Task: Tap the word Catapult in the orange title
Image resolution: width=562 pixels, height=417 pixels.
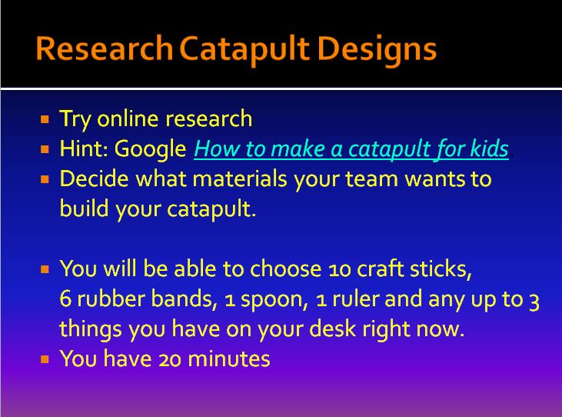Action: [244, 50]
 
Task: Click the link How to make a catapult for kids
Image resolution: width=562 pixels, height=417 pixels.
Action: [351, 148]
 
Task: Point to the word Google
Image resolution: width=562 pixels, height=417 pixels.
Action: [150, 149]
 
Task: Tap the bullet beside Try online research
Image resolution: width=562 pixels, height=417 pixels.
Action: [45, 119]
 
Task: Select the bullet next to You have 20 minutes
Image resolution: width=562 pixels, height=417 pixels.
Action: [45, 359]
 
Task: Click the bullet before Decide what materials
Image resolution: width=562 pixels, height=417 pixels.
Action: [45, 179]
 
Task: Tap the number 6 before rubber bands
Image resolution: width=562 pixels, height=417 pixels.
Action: [65, 299]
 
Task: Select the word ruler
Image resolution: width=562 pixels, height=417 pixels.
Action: [356, 299]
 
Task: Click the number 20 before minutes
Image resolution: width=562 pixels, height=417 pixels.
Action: [170, 360]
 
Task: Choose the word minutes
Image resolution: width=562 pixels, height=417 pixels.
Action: [228, 359]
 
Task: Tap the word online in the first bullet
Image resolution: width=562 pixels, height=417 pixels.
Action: [128, 118]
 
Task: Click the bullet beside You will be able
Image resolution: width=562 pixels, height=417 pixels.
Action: [45, 269]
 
